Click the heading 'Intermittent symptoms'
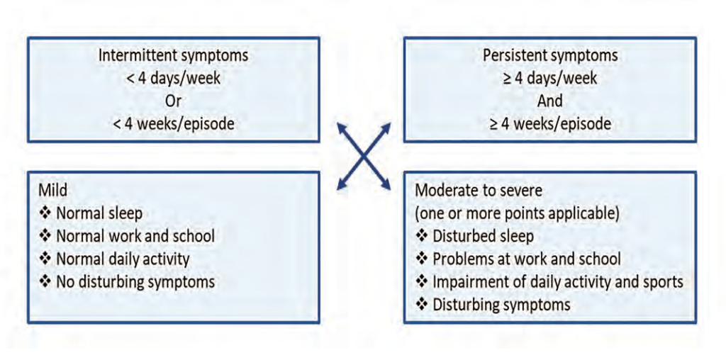pyautogui.click(x=174, y=56)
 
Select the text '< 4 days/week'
pyautogui.click(x=174, y=79)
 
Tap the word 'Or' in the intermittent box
pyautogui.click(x=174, y=101)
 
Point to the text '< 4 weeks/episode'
pyautogui.click(x=174, y=124)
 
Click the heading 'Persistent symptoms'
pyautogui.click(x=550, y=56)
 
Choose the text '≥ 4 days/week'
pyautogui.click(x=550, y=79)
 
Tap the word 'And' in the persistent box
pyautogui.click(x=550, y=101)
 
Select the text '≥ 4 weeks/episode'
pyautogui.click(x=550, y=124)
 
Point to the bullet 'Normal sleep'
pyautogui.click(x=90, y=214)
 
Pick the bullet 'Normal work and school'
pyautogui.click(x=126, y=237)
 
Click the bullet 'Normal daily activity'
pyautogui.click(x=114, y=259)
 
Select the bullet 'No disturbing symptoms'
pyautogui.click(x=126, y=282)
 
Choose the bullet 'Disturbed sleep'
pyautogui.click(x=474, y=237)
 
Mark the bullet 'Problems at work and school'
pyautogui.click(x=518, y=259)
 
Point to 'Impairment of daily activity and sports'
pyautogui.click(x=549, y=282)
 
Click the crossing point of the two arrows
pyautogui.click(x=364, y=157)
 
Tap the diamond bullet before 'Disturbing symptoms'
pyautogui.click(x=421, y=305)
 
